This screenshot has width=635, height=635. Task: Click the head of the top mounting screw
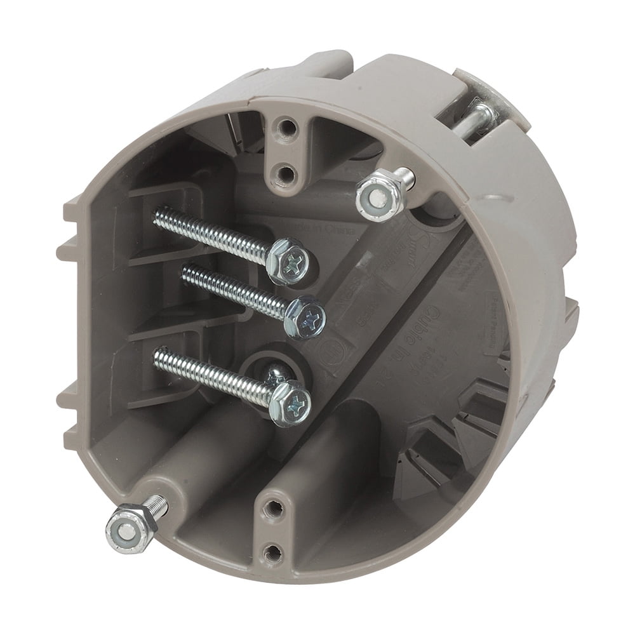[290, 260]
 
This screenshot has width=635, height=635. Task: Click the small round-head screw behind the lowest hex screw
[274, 374]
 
